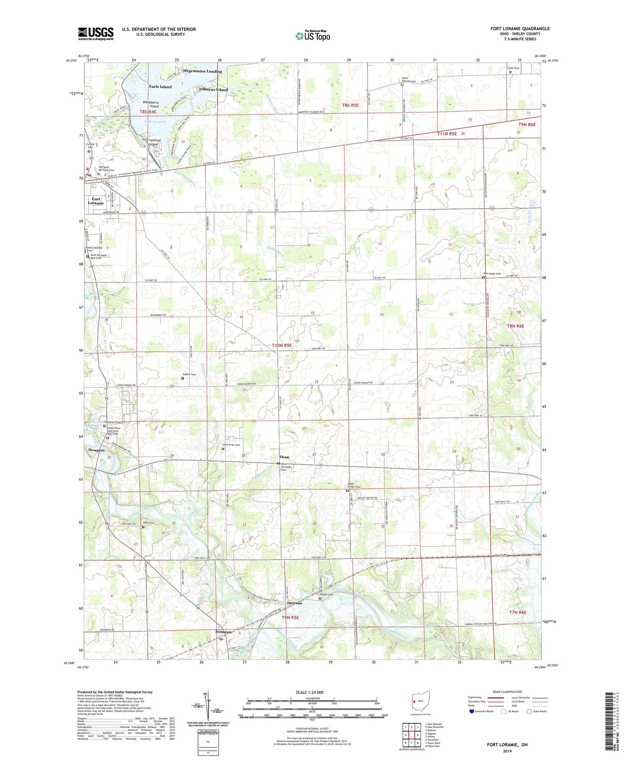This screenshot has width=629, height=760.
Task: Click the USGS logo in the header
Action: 96,34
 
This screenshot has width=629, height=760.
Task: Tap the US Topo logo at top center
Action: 312,35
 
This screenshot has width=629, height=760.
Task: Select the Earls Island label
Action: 160,87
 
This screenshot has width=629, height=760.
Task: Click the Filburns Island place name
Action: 213,90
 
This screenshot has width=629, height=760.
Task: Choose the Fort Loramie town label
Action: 96,201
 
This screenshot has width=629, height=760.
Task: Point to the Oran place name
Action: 284,457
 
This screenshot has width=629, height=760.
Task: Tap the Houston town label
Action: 224,632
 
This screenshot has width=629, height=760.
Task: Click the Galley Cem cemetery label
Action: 189,374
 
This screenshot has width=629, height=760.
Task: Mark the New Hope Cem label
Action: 492,274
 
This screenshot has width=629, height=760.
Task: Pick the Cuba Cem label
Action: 513,68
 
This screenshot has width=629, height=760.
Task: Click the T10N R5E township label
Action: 282,345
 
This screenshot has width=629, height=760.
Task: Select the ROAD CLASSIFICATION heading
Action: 508,692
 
